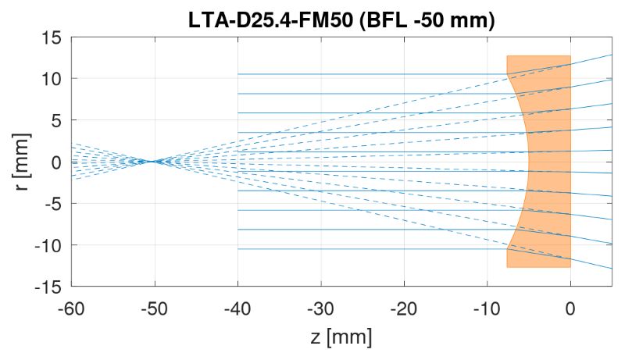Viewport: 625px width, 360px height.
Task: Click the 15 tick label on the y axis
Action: pyautogui.click(x=52, y=37)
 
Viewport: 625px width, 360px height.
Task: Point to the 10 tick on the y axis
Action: pyautogui.click(x=52, y=78)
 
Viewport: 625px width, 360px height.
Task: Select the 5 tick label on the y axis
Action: pyautogui.click(x=56, y=120)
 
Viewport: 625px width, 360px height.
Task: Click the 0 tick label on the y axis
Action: pyautogui.click(x=56, y=162)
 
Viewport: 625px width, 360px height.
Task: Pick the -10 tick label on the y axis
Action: pyautogui.click(x=49, y=245)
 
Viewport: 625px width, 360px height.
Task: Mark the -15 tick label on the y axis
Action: pyautogui.click(x=49, y=287)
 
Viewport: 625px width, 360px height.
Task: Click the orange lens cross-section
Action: pyautogui.click(x=551, y=162)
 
